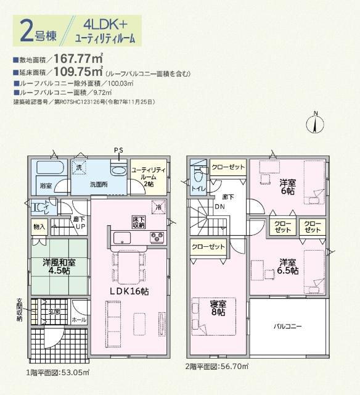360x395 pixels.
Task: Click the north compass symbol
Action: (315, 122)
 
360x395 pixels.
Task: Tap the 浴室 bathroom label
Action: (46, 185)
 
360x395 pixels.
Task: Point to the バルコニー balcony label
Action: (287, 325)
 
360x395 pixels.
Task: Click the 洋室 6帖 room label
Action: (287, 186)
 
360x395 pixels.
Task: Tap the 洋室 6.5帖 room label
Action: (287, 266)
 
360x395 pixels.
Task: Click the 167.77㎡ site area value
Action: (78, 59)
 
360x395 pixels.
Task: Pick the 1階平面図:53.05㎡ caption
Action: (59, 373)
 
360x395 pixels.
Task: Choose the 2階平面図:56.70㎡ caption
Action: (217, 367)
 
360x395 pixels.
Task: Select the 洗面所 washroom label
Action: (99, 184)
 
